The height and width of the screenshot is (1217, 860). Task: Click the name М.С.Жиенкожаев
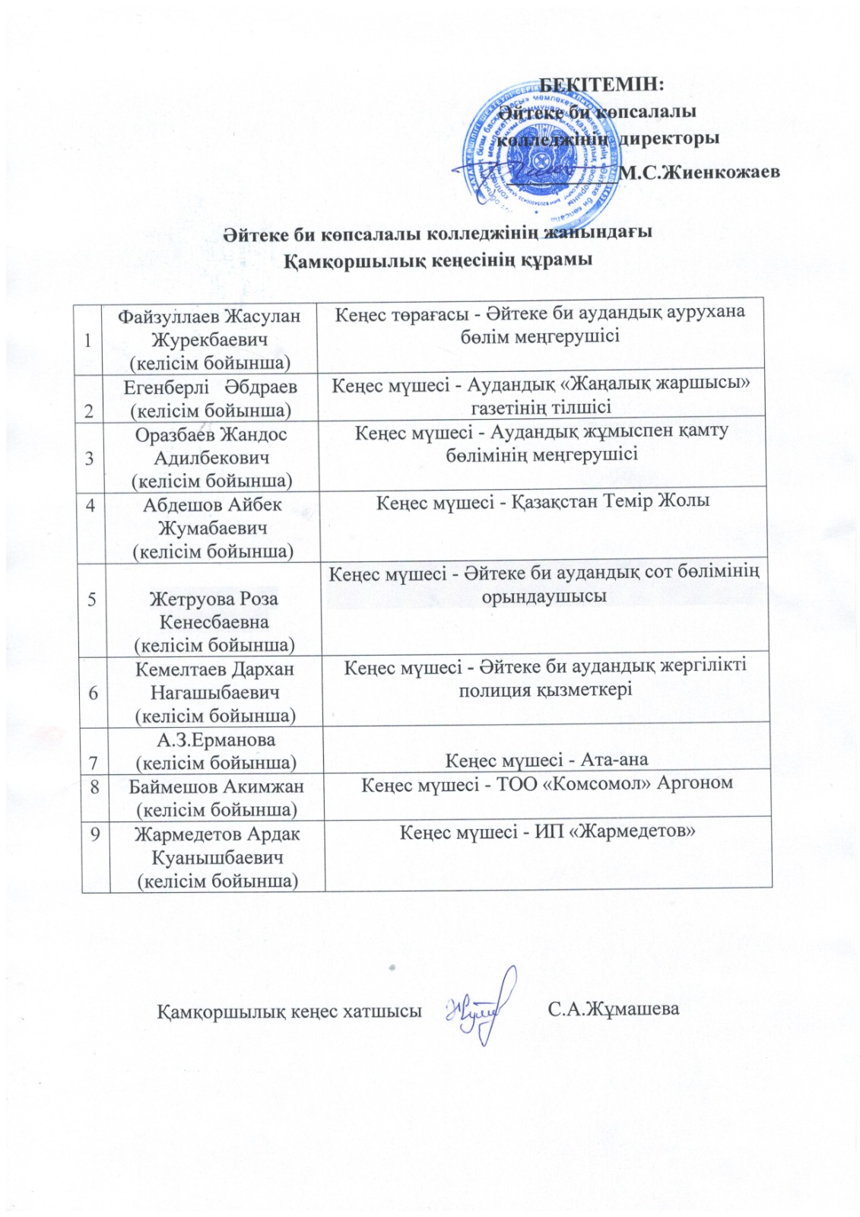pos(700,172)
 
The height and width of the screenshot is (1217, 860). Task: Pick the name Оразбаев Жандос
pos(211,435)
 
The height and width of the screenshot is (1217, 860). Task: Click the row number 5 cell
pos(91,599)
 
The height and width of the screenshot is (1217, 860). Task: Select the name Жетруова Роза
pos(214,599)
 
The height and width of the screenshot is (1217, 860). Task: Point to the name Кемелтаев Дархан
pos(214,669)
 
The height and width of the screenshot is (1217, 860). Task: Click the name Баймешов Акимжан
pos(216,786)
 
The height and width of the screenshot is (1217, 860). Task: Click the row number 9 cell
pos(94,834)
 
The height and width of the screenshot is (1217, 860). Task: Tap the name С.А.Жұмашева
pos(613,1010)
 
